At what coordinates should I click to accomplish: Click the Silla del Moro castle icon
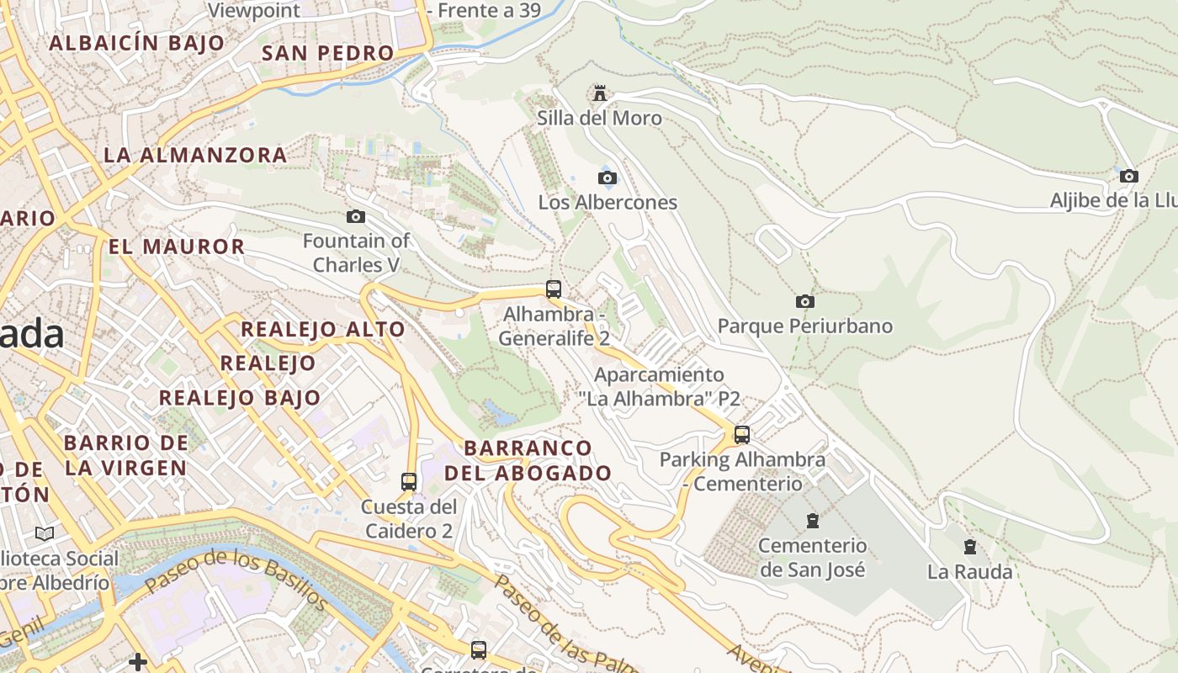coord(600,93)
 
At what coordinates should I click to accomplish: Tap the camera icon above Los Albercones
coord(607,178)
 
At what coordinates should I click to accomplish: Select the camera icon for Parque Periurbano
coord(805,301)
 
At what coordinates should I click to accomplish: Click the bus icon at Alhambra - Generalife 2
coord(553,289)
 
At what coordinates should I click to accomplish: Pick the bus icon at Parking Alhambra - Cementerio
coord(741,435)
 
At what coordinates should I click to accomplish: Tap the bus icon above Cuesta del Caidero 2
coord(409,482)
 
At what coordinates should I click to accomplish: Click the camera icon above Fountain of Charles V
coord(356,217)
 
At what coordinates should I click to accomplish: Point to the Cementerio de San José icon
coord(812,521)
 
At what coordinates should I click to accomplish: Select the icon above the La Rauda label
coord(970,547)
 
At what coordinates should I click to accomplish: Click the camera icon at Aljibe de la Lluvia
coord(1129,177)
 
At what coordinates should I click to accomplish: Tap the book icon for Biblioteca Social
coord(45,533)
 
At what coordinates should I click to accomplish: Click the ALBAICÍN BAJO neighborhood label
coord(137,43)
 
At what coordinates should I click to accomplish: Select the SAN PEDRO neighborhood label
coord(328,53)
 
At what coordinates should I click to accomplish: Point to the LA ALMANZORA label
coord(195,155)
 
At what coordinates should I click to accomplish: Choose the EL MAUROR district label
coord(177,246)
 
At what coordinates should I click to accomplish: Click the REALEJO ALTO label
coord(323,329)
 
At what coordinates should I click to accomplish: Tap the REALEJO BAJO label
coord(240,398)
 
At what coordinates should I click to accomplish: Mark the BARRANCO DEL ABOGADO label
coord(528,460)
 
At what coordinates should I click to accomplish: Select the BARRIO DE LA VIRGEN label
coord(126,455)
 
